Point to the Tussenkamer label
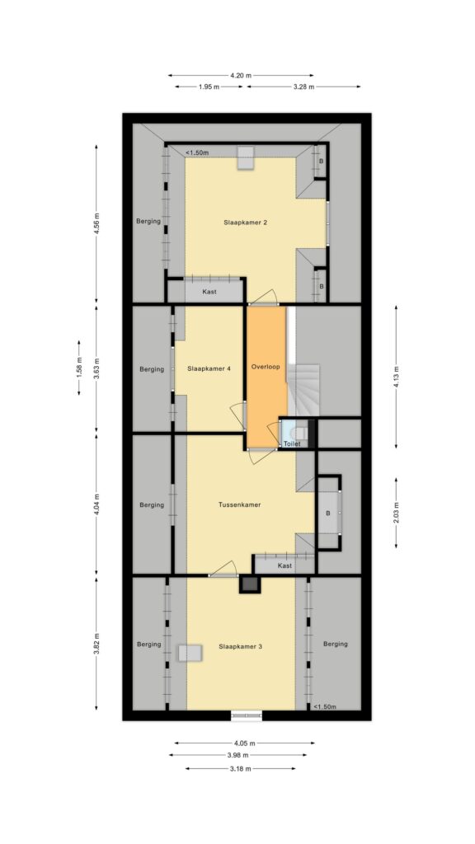(x=239, y=504)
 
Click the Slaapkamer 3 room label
(x=241, y=646)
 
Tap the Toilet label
(x=291, y=443)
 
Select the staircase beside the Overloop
(x=307, y=389)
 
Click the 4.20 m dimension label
(x=240, y=75)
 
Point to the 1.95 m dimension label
(x=209, y=87)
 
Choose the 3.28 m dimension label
(x=303, y=87)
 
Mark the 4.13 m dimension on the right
(x=397, y=368)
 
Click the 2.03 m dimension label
(x=397, y=505)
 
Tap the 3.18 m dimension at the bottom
(x=240, y=768)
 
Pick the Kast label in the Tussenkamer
(x=285, y=565)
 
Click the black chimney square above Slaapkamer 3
(x=249, y=585)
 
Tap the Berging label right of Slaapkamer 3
(x=336, y=644)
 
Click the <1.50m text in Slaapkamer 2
(x=196, y=152)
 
